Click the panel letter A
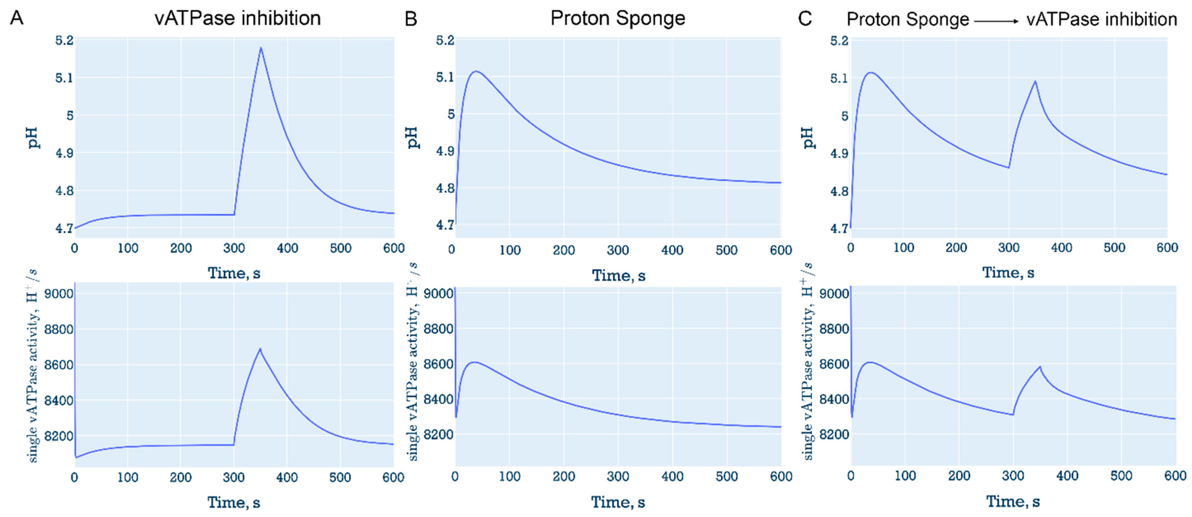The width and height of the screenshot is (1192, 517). (x=17, y=18)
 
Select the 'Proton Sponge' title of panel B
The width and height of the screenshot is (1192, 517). (x=618, y=18)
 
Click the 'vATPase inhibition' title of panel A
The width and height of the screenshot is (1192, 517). (x=237, y=18)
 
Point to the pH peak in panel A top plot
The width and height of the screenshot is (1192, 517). (x=261, y=48)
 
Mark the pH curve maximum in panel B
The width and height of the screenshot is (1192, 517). (x=476, y=71)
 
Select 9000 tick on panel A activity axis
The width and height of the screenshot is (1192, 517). (x=59, y=294)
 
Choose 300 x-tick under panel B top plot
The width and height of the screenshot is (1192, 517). (x=618, y=250)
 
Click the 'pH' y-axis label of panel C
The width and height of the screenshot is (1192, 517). (x=807, y=138)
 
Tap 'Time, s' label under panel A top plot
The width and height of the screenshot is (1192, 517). (x=234, y=273)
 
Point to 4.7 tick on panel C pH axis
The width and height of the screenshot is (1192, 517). (x=839, y=228)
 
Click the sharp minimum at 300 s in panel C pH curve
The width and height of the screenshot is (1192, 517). (x=1009, y=167)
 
